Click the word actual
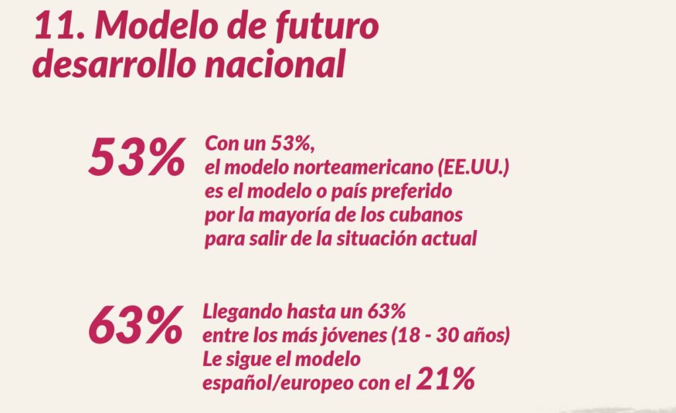click(x=456, y=239)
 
